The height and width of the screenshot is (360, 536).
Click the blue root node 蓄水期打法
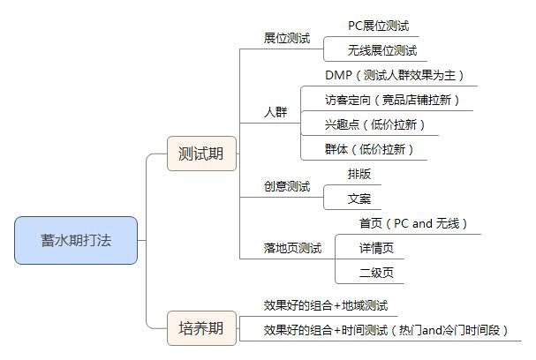click(x=76, y=240)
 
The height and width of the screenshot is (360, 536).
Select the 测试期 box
click(x=201, y=154)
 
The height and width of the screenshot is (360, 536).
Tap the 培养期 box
click(x=201, y=328)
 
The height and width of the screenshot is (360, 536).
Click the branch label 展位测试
click(x=287, y=38)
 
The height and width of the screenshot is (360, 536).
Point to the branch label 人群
click(x=276, y=112)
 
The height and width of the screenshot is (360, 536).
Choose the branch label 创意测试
click(x=287, y=186)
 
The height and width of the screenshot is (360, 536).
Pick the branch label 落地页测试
click(x=292, y=248)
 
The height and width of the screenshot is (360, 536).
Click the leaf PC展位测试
click(x=379, y=26)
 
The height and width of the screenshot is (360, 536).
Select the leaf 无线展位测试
click(x=382, y=50)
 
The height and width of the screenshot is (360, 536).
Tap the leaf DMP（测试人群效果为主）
click(x=395, y=75)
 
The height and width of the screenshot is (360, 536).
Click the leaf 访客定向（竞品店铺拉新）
click(x=392, y=100)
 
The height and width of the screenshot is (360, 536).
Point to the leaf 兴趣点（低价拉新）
click(x=375, y=124)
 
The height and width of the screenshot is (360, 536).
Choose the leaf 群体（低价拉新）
click(x=369, y=149)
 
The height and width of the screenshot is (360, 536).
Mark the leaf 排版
click(x=359, y=174)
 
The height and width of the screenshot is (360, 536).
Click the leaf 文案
click(x=359, y=199)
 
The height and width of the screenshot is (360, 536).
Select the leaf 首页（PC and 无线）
click(x=413, y=223)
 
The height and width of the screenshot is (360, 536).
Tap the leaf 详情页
click(x=376, y=248)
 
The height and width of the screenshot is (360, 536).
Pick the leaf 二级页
click(x=376, y=273)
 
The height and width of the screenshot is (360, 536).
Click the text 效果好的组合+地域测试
click(x=326, y=305)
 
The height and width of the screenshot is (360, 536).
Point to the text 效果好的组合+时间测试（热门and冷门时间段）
click(x=386, y=330)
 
